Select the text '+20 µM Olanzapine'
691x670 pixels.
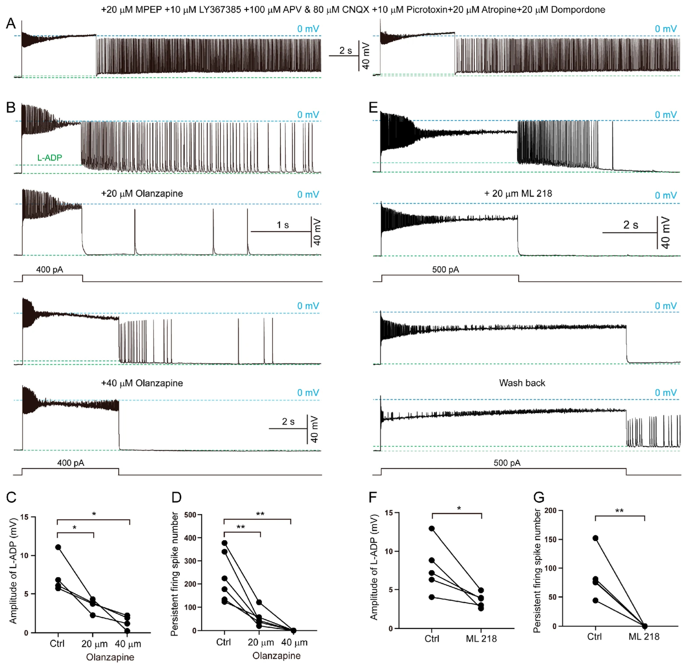point(142,194)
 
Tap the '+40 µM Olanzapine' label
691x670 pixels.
point(142,383)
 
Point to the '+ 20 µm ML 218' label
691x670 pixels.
point(518,194)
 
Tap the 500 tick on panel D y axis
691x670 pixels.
point(190,515)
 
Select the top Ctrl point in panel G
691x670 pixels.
point(596,538)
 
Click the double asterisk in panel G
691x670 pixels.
point(619,511)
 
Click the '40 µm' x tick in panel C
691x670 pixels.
point(128,644)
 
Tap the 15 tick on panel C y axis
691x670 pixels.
point(24,517)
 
